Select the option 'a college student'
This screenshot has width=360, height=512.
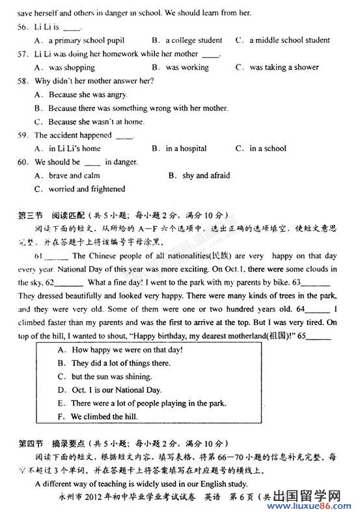[x=193, y=40]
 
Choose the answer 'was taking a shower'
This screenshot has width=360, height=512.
[x=284, y=67]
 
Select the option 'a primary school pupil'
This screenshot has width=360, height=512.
[x=86, y=40]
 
